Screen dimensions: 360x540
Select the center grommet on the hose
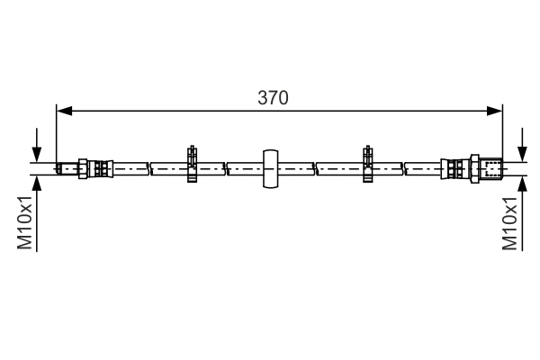tap(270, 167)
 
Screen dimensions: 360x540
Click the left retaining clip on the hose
tap(191, 165)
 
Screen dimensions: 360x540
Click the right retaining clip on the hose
tap(367, 165)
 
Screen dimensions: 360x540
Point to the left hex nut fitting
tap(83, 167)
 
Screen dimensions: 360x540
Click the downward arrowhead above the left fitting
tap(36, 154)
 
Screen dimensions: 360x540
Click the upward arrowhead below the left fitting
tap(36, 182)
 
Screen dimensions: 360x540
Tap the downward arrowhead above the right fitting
tap(522, 154)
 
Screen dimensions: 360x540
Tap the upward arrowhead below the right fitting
tap(522, 182)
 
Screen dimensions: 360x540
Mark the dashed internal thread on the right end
tap(490, 167)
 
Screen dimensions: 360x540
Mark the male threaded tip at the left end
tap(66, 167)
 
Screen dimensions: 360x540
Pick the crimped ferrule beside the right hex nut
tap(453, 167)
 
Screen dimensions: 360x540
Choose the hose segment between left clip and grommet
tap(229, 167)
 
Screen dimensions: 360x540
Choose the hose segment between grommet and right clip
tap(319, 167)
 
